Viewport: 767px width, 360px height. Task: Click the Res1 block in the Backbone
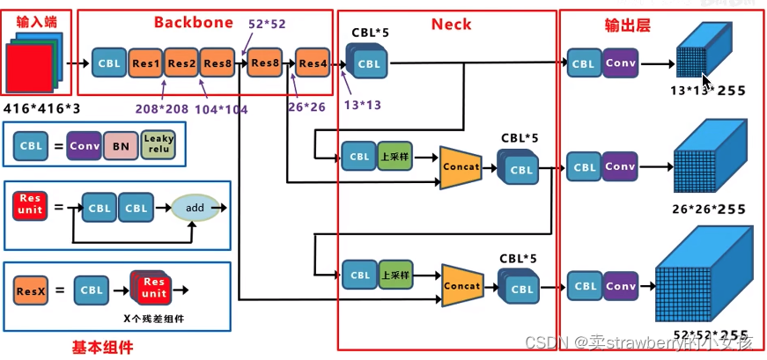pos(147,63)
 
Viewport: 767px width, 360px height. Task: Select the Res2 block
pos(182,63)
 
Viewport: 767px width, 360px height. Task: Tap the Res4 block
pos(313,63)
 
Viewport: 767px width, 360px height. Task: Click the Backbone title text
pos(194,22)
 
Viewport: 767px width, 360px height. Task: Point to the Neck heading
pos(451,24)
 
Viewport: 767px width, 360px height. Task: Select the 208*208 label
pos(161,109)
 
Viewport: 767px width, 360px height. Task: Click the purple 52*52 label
pos(268,24)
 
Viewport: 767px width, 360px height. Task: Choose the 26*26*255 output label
pos(708,209)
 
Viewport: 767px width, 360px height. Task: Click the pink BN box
pos(120,145)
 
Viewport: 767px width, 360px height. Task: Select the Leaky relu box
pos(159,145)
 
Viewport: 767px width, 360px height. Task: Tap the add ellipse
pos(195,208)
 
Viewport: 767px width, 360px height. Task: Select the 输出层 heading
pos(627,26)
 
